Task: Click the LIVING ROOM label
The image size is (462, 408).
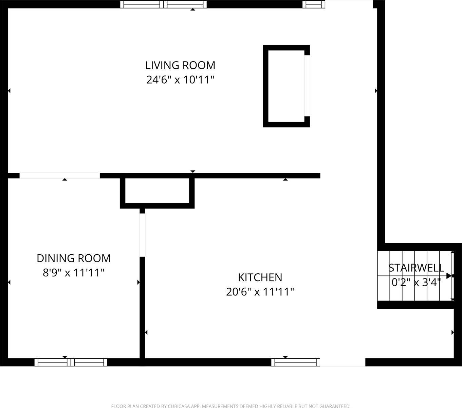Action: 180,65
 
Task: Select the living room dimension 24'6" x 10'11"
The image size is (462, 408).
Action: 180,80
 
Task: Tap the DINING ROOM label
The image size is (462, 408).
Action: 74,258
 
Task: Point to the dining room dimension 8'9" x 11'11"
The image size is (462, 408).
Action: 74,273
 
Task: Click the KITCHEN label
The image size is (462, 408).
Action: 260,277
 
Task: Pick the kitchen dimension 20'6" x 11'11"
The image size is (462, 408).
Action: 260,292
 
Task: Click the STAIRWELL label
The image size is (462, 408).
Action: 416,268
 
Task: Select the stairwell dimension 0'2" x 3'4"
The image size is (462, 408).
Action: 416,282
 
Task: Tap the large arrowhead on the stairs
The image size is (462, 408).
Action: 449,276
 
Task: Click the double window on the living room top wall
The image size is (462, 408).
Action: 164,4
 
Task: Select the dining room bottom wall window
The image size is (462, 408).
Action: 71,362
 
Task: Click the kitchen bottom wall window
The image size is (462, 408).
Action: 295,362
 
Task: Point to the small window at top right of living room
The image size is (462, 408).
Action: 312,4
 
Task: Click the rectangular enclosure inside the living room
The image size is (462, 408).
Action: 286,86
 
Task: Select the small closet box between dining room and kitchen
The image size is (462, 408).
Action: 157,191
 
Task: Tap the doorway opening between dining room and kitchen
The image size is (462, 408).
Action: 142,235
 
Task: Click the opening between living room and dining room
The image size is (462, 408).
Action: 60,175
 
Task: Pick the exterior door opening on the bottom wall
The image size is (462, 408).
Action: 343,362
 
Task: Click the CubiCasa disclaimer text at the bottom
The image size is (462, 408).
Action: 231,406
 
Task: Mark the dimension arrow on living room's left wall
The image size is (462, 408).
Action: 9,91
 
